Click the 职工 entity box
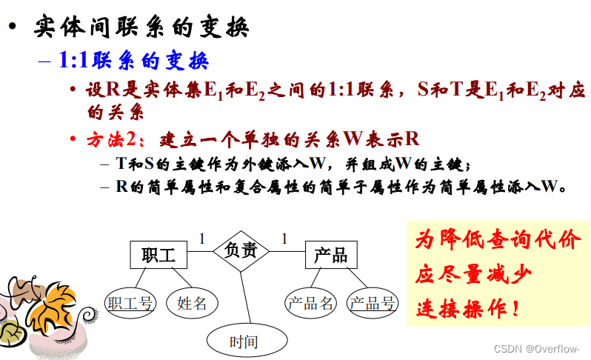tap(158, 255)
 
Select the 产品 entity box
tap(330, 255)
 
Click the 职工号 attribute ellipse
tap(130, 302)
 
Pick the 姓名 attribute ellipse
tap(192, 302)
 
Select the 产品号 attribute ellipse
tap(373, 302)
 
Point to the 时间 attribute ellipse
tap(244, 341)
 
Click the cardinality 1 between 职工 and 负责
tap(201, 239)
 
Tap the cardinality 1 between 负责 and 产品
tap(284, 239)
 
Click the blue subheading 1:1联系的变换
tap(133, 60)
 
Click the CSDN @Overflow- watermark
tap(537, 348)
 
